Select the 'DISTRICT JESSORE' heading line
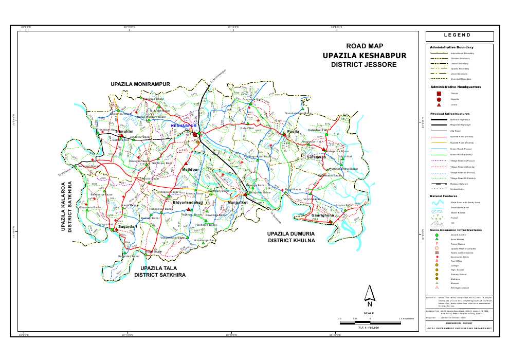[x=363, y=65]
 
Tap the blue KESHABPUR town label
[x=184, y=125]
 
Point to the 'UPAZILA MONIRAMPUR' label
[x=140, y=83]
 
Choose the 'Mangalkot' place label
[x=238, y=203]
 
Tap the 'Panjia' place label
[x=293, y=132]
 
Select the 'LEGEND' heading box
[x=459, y=36]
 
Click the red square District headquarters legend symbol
[x=439, y=94]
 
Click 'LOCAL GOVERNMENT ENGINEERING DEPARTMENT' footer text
[x=459, y=328]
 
